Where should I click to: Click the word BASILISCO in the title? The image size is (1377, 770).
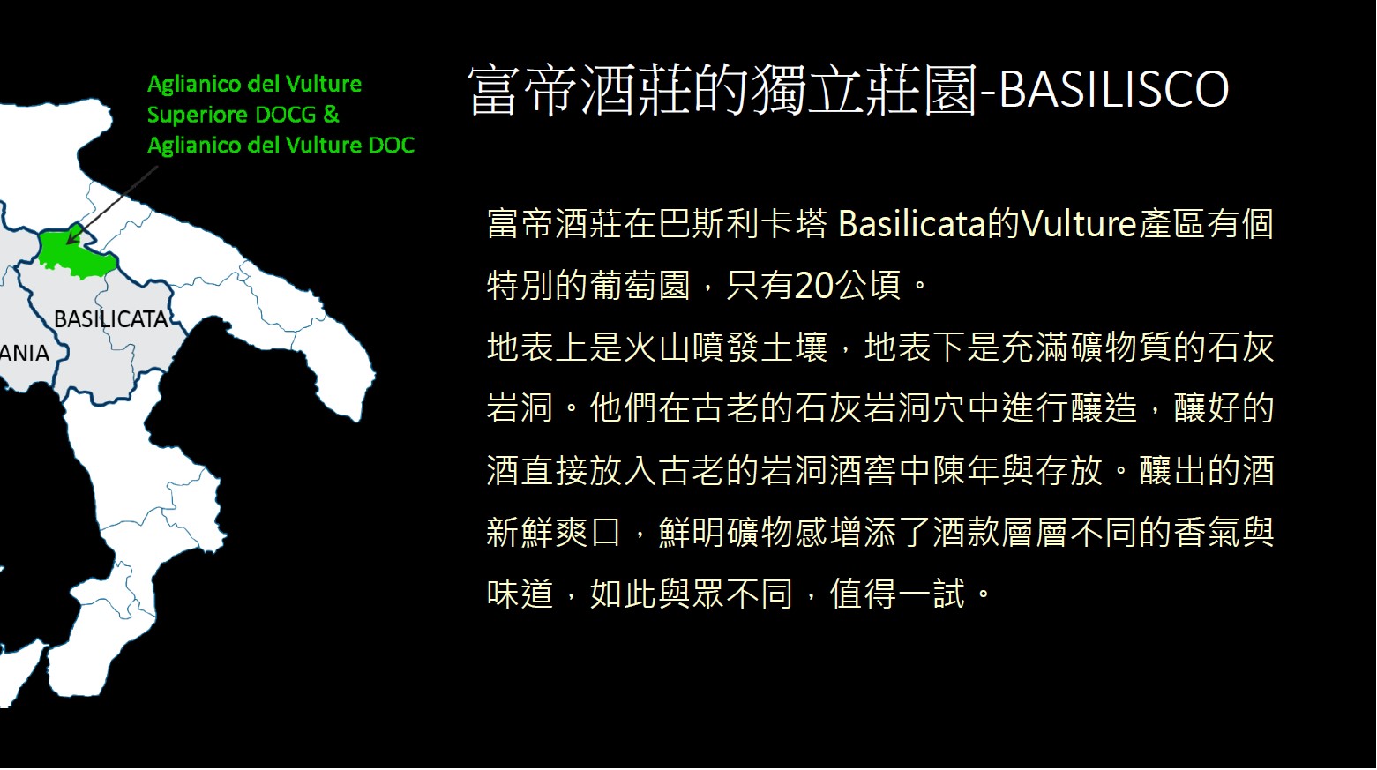[1113, 89]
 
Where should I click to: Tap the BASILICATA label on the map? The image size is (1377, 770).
[111, 319]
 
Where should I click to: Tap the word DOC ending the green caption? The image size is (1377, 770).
[391, 145]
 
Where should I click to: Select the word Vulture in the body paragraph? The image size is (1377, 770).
[1078, 224]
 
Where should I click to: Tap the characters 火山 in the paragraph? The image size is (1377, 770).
[657, 348]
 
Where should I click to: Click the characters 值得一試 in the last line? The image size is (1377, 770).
[897, 594]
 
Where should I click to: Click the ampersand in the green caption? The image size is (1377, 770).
[331, 115]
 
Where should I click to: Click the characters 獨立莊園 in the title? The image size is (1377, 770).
[864, 90]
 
